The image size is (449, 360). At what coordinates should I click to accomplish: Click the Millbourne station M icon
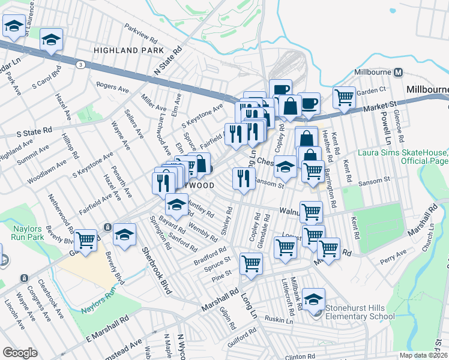(x=397, y=73)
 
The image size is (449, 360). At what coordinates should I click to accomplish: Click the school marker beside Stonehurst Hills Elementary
(x=313, y=299)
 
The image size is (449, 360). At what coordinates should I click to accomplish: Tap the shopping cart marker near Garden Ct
(x=344, y=97)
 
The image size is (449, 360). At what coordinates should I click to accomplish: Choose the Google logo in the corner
(x=20, y=353)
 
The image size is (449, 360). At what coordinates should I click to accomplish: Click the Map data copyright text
(x=423, y=355)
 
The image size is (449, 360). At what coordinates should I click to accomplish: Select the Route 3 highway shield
(x=80, y=64)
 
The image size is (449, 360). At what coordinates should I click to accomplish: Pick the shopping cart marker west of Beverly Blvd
(x=86, y=241)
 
